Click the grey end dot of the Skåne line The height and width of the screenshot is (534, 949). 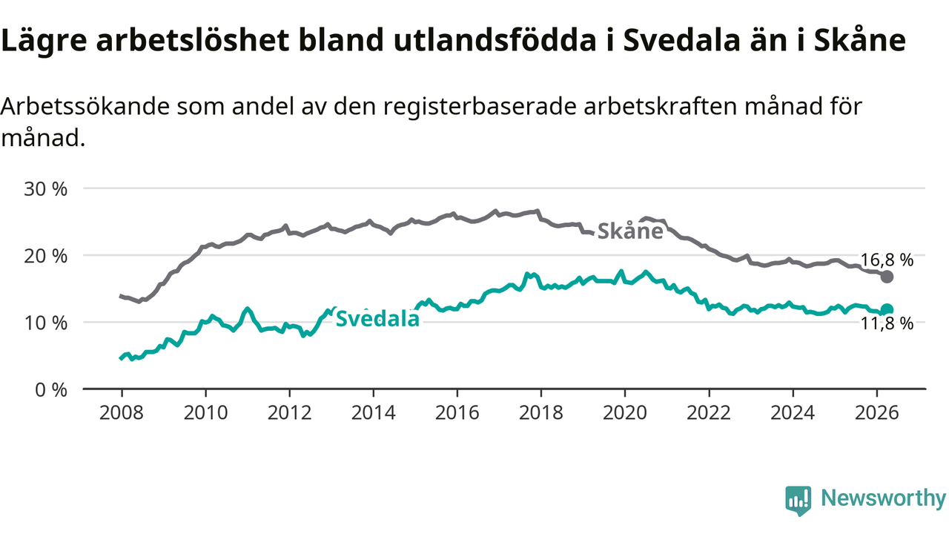pos(887,277)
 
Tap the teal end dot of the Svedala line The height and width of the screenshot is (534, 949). pos(887,310)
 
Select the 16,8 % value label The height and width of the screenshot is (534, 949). pos(887,260)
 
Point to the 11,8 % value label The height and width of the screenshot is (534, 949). pos(887,324)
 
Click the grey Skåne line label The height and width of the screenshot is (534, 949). pos(630,231)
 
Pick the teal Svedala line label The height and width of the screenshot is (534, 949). pos(377,319)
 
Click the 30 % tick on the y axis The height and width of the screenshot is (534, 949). pos(46,189)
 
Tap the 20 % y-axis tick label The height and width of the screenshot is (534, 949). pos(46,256)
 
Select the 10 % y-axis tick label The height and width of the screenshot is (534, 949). pos(46,323)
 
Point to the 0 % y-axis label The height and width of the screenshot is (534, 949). pos(51,390)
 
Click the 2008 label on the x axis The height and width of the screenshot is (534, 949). pos(122,413)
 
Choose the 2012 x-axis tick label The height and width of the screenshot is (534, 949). pos(289,413)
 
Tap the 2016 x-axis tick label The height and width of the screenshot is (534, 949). pos(457,413)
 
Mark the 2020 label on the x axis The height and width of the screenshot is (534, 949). pos(625,413)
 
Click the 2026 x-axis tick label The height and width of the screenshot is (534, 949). pos(876,413)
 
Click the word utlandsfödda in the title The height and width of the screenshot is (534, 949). pos(495,39)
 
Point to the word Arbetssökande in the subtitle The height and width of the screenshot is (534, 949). pos(85,106)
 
